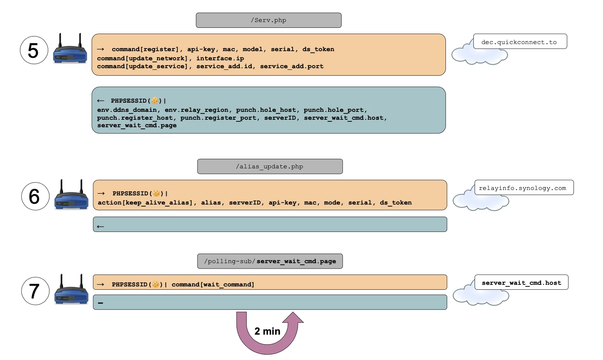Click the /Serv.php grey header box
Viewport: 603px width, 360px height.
click(x=268, y=20)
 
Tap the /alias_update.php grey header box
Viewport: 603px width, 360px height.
click(x=270, y=166)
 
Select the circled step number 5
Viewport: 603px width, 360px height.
click(x=34, y=50)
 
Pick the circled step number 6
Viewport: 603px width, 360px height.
click(x=35, y=196)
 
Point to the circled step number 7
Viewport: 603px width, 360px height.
click(x=35, y=291)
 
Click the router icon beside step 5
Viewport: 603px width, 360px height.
click(x=70, y=49)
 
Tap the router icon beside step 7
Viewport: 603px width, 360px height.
click(x=71, y=290)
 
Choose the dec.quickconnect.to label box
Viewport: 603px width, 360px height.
click(x=519, y=42)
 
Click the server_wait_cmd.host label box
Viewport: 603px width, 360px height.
click(x=521, y=282)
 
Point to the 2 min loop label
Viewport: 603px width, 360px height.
click(x=267, y=331)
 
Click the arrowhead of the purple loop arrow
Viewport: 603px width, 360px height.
click(x=293, y=318)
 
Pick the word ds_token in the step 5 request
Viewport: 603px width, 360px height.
click(x=318, y=49)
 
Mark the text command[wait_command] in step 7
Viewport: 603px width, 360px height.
click(x=213, y=285)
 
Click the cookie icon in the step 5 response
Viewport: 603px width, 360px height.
click(x=155, y=101)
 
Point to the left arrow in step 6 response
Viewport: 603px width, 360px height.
click(x=100, y=227)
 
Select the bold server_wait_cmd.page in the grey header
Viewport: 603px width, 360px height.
click(x=296, y=261)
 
